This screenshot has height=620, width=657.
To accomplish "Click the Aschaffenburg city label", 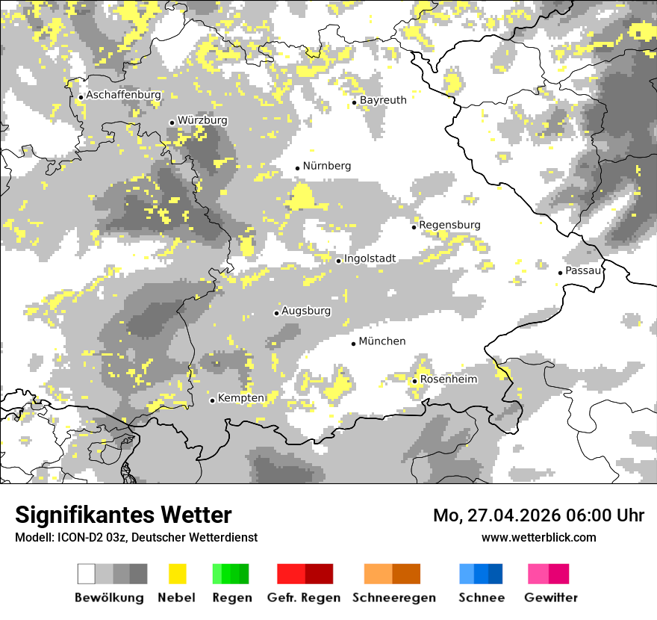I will coord(123,96).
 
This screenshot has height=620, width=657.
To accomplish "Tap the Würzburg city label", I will coord(202,120).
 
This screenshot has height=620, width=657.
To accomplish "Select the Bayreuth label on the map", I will coord(383,100).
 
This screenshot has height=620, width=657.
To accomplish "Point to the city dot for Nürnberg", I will coord(297,168).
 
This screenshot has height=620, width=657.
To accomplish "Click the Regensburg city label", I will coord(449,225).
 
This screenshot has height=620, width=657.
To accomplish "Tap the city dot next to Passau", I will coord(560,273).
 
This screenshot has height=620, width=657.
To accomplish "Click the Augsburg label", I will coord(306,311).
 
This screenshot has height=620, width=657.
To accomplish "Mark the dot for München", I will coord(354,344).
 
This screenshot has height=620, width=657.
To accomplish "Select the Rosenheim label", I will coord(448,379).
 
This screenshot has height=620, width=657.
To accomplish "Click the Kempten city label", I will coord(240,398).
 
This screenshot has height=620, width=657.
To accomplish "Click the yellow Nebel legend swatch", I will coord(177,574).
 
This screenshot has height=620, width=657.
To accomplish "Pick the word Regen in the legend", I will coord(230,598).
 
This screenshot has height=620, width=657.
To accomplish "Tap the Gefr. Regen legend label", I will coord(304,598).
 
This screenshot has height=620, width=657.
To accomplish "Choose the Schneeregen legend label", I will coord(394,598).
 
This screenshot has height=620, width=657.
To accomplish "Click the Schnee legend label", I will coord(482,598).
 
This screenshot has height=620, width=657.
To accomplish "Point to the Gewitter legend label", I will coord(551,598).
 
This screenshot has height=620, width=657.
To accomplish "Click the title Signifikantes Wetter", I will coord(123,515).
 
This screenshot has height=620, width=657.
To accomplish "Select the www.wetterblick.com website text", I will coord(539,537).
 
